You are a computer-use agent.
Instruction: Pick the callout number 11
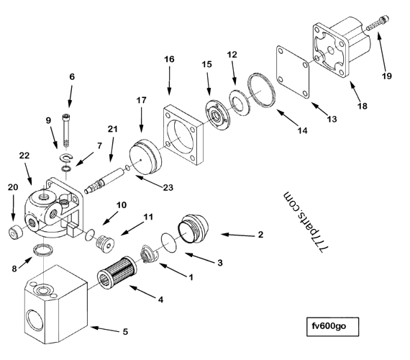point(147,217)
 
